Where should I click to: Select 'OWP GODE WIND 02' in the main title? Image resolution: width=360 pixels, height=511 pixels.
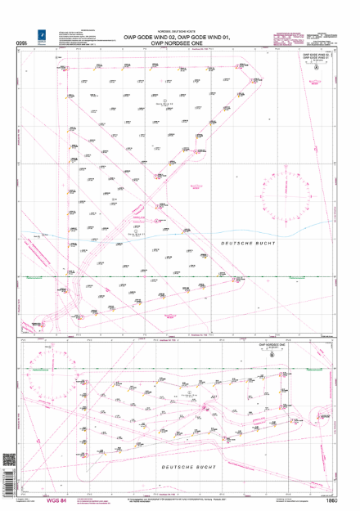click(x=147, y=38)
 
